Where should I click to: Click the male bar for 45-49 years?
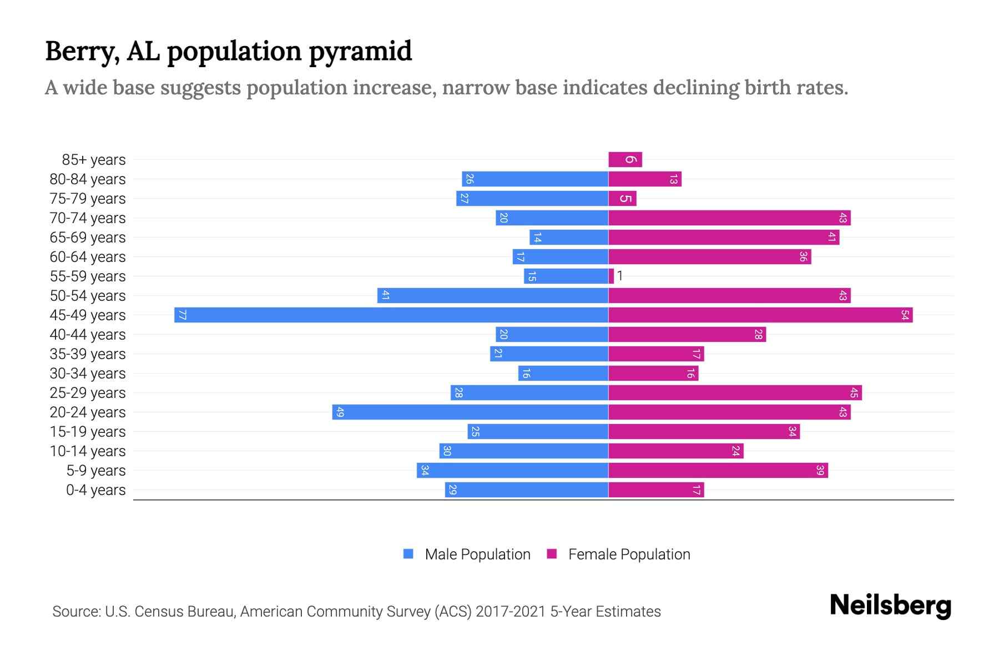[x=391, y=315]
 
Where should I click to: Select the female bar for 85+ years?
[x=625, y=160]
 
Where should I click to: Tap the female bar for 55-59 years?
[x=611, y=276]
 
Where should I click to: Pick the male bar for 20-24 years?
[x=470, y=412]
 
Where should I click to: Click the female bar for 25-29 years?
[x=735, y=392]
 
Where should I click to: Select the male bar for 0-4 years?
[x=526, y=490]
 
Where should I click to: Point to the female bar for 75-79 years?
[x=622, y=199]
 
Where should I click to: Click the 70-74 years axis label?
[x=88, y=218]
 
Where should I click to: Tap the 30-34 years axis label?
[x=88, y=374]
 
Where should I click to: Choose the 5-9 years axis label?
[x=95, y=471]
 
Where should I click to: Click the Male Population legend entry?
[x=466, y=554]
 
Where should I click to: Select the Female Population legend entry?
[x=618, y=554]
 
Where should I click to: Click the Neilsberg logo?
[x=890, y=606]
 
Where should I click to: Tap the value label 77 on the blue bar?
[x=182, y=315]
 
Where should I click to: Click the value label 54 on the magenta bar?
[x=905, y=315]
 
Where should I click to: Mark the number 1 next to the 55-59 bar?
[x=620, y=276]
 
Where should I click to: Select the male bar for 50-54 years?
[x=493, y=295]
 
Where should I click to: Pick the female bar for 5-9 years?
[x=718, y=470]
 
